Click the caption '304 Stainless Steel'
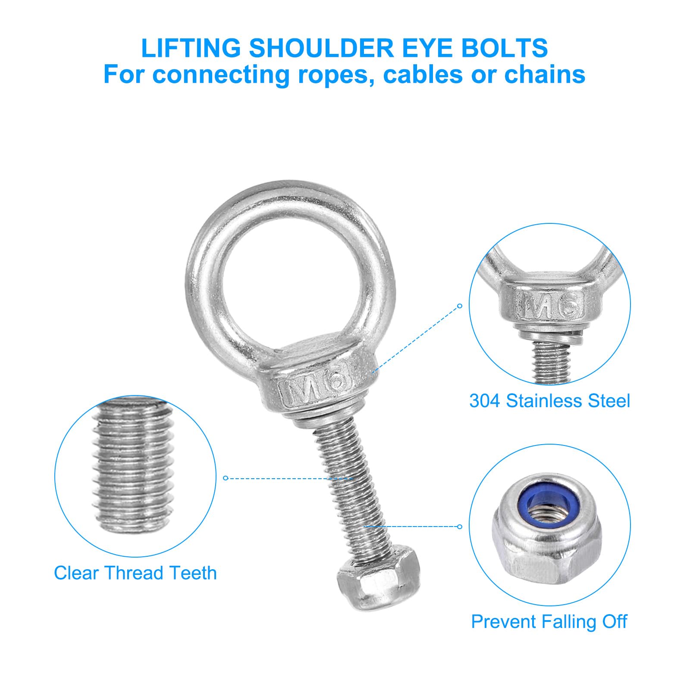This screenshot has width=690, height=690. [x=550, y=401]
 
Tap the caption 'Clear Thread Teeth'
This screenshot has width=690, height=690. [x=135, y=573]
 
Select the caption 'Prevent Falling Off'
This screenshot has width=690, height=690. [x=549, y=621]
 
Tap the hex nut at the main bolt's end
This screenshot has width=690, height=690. [x=378, y=577]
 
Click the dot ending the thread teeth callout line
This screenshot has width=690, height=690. [x=225, y=478]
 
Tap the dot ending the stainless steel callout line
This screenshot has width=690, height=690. [x=460, y=306]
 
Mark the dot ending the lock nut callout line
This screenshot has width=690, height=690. [x=460, y=526]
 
